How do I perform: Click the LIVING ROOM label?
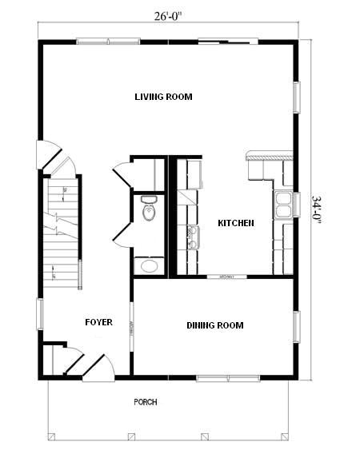click(163, 97)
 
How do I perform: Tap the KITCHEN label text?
click(236, 223)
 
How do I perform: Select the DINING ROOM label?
click(214, 325)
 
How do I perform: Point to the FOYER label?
click(98, 323)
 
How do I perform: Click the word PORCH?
click(146, 402)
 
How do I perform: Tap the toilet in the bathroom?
click(148, 209)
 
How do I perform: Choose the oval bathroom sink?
click(148, 266)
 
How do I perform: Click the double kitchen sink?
click(282, 205)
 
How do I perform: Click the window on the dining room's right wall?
click(296, 327)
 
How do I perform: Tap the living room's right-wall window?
click(296, 97)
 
